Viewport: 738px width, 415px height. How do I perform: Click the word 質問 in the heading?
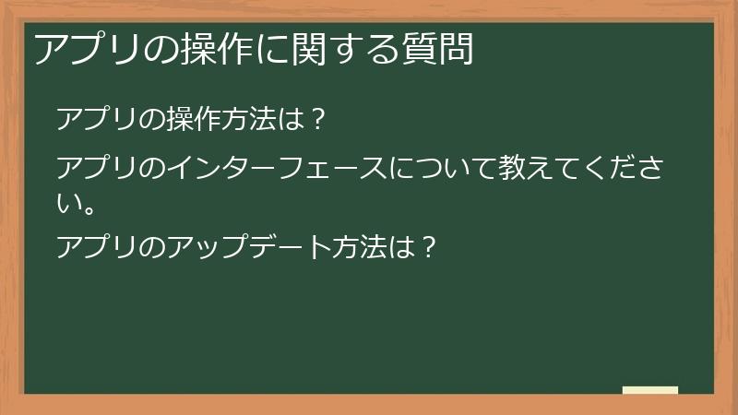437,49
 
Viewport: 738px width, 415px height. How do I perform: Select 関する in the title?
345,49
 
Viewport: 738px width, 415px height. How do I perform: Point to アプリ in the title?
87,49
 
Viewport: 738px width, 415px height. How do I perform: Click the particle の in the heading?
161,50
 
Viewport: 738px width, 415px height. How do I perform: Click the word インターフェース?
276,168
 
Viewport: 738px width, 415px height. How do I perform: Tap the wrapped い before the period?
66,203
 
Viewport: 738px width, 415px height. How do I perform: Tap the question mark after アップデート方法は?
429,247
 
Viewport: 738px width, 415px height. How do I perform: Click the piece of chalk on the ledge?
650,390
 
